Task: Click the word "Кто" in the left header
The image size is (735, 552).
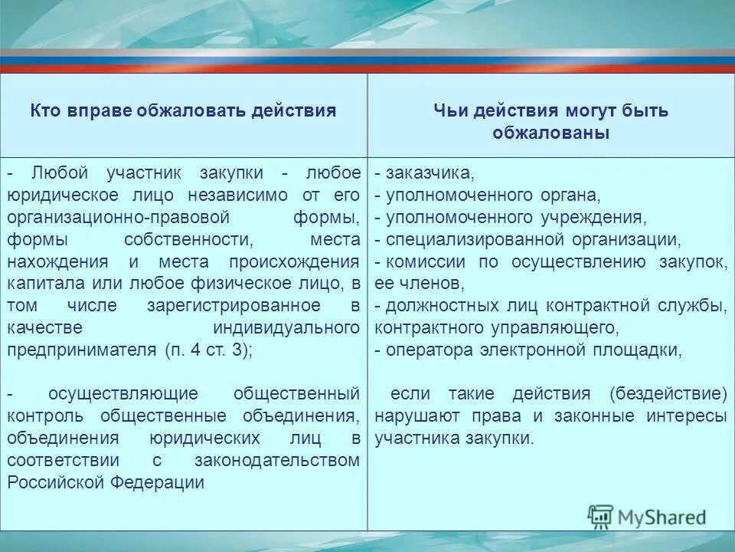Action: point(45,110)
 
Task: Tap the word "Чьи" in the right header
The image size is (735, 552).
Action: point(450,110)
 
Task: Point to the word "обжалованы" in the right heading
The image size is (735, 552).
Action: point(550,133)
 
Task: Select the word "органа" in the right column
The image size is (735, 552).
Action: point(561,195)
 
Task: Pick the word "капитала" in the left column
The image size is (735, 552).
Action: point(40,284)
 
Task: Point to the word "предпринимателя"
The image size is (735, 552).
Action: point(81,350)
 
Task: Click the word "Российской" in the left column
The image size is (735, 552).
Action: point(56,482)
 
